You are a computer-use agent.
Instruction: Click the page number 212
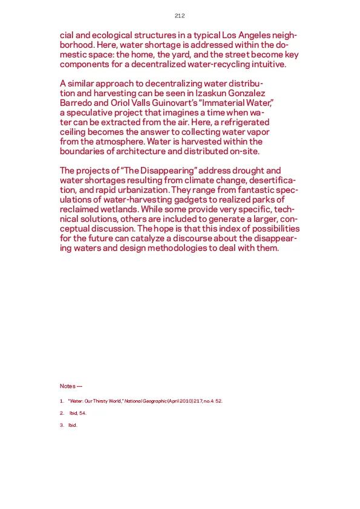pyautogui.click(x=180, y=16)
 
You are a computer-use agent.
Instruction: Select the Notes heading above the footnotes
pyautogui.click(x=67, y=386)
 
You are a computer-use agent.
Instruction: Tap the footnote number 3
pyautogui.click(x=62, y=425)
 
